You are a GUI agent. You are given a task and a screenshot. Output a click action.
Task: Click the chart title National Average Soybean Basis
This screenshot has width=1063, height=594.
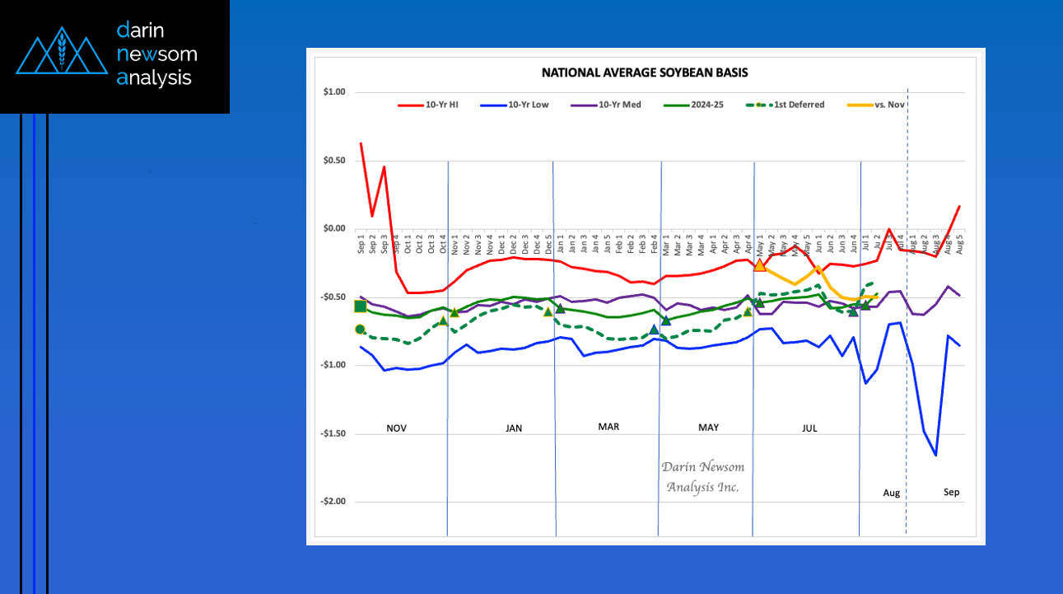tap(645, 72)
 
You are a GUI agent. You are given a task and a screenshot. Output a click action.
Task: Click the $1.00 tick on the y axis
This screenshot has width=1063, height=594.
tap(334, 92)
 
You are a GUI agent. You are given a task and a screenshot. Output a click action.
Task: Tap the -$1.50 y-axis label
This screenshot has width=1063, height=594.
tap(333, 433)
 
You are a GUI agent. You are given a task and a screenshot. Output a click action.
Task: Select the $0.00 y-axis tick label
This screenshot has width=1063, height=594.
tap(334, 229)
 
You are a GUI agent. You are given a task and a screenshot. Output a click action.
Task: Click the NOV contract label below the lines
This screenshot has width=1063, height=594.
tap(397, 428)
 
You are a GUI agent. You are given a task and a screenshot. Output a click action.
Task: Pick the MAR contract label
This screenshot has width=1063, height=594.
tap(608, 427)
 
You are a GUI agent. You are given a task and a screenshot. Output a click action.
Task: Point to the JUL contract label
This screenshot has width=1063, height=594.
tap(809, 428)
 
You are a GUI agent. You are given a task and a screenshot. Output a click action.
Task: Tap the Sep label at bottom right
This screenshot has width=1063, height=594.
tap(951, 493)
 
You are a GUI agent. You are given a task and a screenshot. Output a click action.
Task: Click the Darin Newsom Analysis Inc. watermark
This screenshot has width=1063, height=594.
tap(702, 477)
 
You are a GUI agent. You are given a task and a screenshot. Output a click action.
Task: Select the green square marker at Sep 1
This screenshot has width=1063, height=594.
tap(360, 306)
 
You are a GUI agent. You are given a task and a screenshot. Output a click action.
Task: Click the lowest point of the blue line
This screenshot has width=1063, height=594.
tap(936, 455)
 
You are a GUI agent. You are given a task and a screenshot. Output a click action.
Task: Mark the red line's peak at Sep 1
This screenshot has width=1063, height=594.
tap(361, 143)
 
